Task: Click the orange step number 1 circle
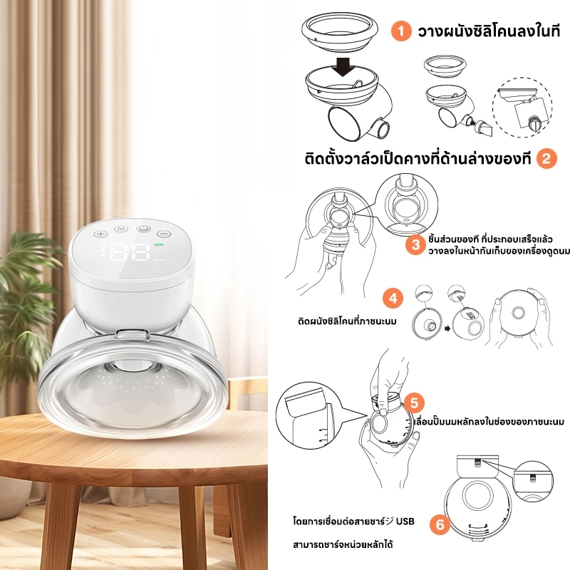click(x=401, y=31)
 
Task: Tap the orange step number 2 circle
click(x=546, y=158)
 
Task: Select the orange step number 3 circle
click(x=416, y=244)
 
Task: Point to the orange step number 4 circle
click(x=393, y=299)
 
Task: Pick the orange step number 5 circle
click(x=415, y=403)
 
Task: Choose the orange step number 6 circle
click(x=440, y=524)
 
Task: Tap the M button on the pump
click(x=121, y=229)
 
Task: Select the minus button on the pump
click(x=165, y=234)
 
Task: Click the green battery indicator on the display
click(x=159, y=244)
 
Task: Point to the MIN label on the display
click(x=159, y=259)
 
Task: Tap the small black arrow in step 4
click(x=447, y=328)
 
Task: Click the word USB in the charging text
click(x=405, y=522)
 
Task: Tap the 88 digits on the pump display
click(x=130, y=252)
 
